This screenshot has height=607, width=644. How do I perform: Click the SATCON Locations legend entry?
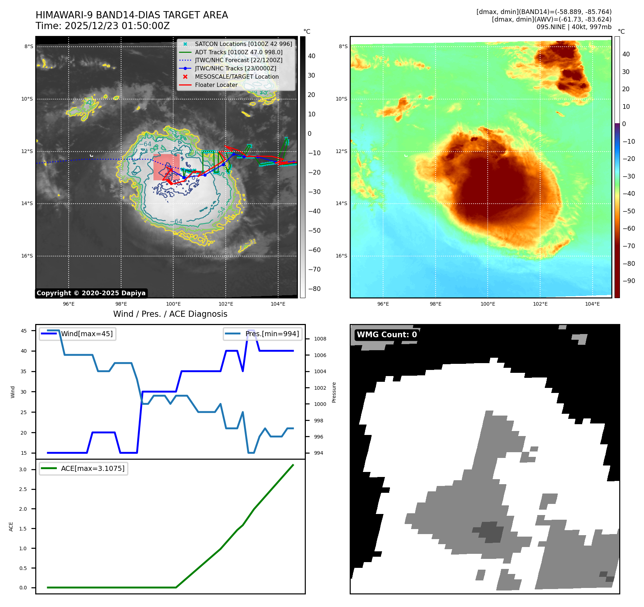point(243,44)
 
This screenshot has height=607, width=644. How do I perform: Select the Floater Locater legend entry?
point(216,85)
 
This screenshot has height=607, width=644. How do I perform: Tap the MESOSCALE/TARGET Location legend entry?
point(236,77)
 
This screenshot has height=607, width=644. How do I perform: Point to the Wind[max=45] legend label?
point(87,334)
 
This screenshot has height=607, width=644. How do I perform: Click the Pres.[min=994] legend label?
point(272,334)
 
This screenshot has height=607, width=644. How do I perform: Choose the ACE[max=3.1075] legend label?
point(93,468)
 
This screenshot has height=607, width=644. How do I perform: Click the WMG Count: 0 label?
point(387,335)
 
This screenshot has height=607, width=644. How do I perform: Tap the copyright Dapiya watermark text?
point(91,293)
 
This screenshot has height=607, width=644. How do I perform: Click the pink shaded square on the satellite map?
point(166,167)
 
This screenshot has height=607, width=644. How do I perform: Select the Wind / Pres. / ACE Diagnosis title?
point(170,314)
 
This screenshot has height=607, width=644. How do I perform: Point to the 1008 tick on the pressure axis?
point(320,339)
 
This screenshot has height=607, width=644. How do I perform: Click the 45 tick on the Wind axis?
point(24,331)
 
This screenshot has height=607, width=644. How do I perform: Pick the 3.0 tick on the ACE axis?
point(23,469)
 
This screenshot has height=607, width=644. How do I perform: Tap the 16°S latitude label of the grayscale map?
point(27,256)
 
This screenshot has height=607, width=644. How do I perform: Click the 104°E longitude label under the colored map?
point(592,304)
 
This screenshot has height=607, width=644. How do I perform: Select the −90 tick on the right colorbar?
point(629,281)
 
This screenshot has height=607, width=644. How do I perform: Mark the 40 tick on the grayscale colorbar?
point(312,56)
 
